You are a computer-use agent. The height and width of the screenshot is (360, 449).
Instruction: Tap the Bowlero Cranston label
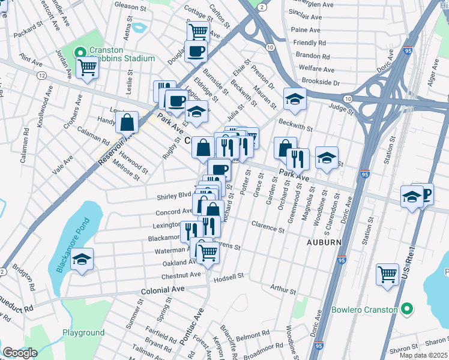364,310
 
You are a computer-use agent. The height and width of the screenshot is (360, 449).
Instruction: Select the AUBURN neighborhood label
324,242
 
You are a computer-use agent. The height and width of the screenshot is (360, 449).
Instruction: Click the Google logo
20,353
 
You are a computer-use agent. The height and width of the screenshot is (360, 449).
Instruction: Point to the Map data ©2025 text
423,355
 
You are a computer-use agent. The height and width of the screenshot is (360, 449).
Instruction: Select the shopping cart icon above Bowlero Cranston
387,274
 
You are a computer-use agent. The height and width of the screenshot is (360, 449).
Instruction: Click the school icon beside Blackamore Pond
82,259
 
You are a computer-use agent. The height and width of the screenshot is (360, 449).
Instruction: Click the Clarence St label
268,229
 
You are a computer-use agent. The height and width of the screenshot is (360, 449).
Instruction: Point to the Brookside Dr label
321,82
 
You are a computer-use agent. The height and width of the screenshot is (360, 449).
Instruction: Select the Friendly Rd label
310,43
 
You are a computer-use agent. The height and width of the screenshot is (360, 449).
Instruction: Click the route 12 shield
41,76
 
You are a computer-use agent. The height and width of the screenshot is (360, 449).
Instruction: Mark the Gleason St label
126,5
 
